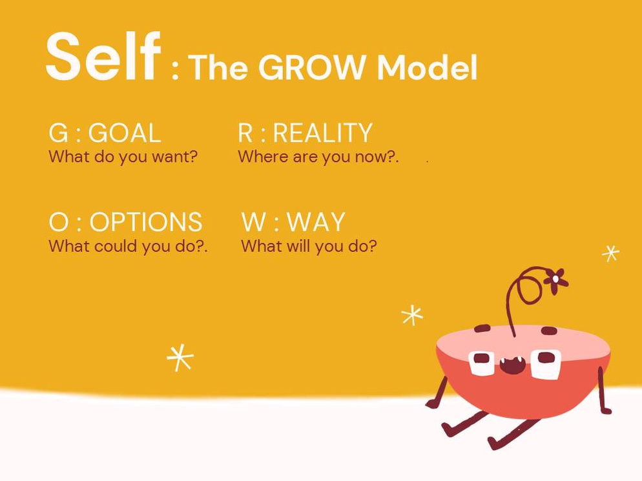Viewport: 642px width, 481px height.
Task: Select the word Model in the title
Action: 427,67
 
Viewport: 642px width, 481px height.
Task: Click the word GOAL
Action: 125,132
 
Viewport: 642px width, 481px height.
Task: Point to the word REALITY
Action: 322,132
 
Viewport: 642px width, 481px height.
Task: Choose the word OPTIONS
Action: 146,222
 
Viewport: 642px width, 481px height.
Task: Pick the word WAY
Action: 316,222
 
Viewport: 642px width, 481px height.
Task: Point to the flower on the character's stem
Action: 555,280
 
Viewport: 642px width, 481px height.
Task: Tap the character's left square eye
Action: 482,362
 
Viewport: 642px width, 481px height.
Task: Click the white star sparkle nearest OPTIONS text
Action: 180,358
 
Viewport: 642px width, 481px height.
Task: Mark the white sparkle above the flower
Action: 610,253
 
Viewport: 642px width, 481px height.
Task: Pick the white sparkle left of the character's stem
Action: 412,315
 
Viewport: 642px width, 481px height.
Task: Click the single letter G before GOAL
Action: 58,132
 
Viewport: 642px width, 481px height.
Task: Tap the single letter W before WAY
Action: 254,222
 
